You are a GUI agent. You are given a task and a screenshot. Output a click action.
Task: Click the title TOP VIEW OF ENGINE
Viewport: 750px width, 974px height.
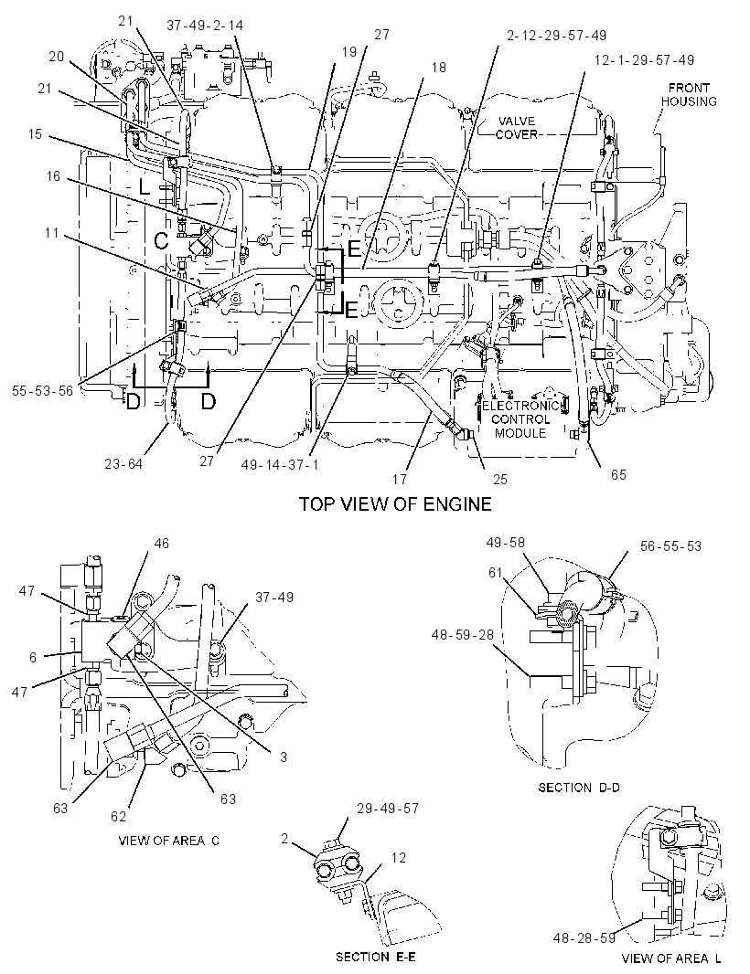click(395, 503)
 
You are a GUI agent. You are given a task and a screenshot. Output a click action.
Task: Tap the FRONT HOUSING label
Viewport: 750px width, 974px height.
click(689, 94)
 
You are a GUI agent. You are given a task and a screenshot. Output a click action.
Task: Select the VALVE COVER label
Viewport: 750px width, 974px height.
click(516, 127)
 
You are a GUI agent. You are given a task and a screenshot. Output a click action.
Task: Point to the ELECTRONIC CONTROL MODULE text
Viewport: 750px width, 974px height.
click(521, 420)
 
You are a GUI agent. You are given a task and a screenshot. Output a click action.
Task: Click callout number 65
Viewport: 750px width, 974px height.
click(618, 474)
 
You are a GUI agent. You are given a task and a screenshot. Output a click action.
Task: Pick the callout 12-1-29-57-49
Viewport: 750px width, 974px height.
click(645, 60)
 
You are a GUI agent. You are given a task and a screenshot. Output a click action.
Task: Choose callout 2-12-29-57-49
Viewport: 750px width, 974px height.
click(557, 36)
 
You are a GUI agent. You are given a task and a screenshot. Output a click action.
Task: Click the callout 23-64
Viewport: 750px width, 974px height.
click(123, 463)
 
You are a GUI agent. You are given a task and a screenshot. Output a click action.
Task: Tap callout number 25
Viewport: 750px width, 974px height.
click(500, 479)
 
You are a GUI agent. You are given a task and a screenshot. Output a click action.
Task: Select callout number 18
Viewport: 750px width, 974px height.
click(438, 67)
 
